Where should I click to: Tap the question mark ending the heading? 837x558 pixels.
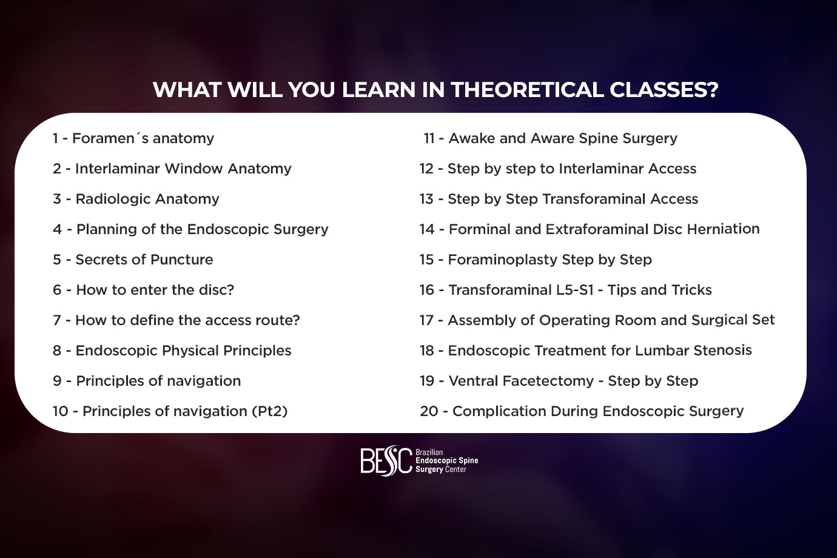click(712, 90)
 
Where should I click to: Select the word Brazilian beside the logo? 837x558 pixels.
click(429, 452)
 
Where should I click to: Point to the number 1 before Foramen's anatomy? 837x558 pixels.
click(55, 138)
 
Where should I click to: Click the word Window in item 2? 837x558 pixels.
click(193, 169)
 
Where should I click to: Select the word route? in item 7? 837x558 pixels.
click(278, 320)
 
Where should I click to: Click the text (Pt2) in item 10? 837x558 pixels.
click(270, 411)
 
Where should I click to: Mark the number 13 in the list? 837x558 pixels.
click(426, 199)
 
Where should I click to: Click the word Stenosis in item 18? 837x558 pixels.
click(722, 350)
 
